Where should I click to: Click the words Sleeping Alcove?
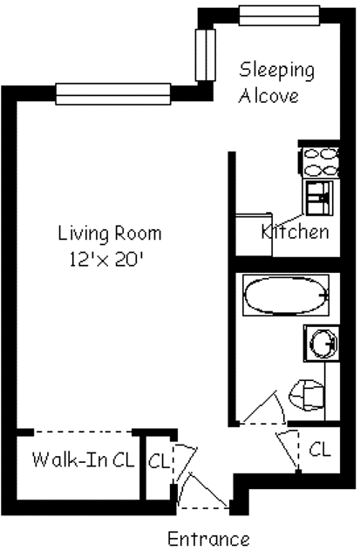click(276, 82)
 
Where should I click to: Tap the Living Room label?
click(110, 234)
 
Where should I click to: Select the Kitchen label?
click(296, 232)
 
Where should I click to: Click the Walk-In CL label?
click(83, 459)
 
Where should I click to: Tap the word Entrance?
click(208, 539)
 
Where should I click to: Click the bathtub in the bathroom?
click(286, 296)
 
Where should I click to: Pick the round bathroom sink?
click(320, 343)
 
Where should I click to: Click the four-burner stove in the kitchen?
click(319, 161)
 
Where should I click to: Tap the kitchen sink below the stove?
click(318, 196)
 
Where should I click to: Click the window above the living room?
click(112, 93)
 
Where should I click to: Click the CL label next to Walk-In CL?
click(159, 460)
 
